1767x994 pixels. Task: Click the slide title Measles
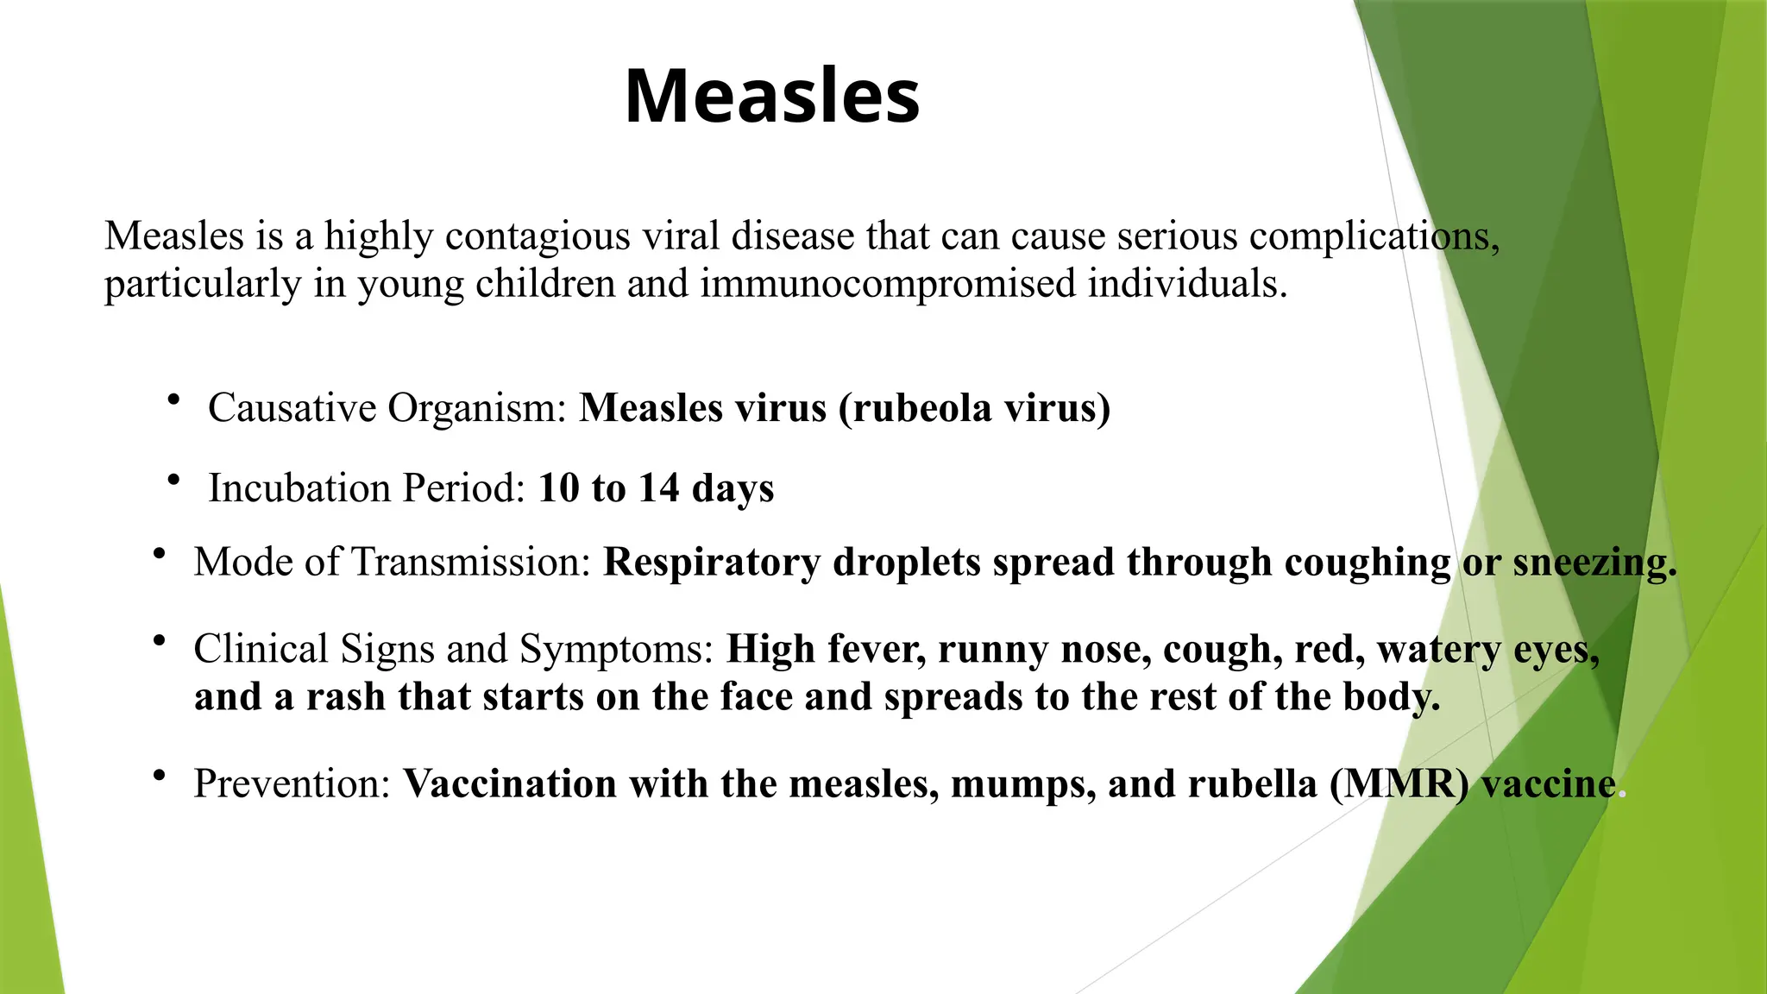click(x=772, y=96)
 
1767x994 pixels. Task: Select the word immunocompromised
click(x=888, y=284)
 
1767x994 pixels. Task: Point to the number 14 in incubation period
click(x=658, y=488)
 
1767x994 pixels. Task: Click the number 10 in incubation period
click(x=558, y=488)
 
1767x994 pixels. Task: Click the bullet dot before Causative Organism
click(x=174, y=399)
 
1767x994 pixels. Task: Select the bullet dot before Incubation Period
click(x=174, y=480)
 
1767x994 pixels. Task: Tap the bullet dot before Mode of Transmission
click(x=159, y=554)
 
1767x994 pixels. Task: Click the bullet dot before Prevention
click(x=159, y=776)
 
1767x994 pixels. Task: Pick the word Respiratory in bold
click(x=711, y=563)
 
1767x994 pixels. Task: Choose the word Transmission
click(x=471, y=563)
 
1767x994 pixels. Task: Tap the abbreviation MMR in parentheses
click(x=1399, y=784)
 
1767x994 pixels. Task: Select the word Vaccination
click(x=510, y=784)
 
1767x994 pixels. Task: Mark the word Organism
click(x=475, y=408)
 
